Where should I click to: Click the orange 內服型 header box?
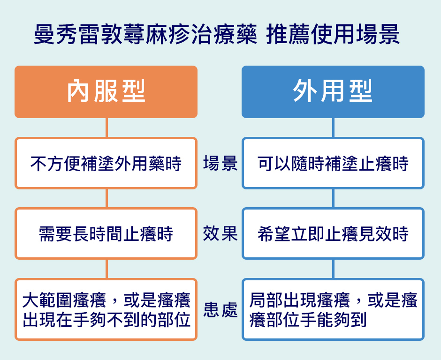click(106, 92)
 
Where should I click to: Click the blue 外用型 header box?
click(333, 92)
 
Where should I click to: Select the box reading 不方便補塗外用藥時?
click(106, 163)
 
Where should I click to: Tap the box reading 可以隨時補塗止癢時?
click(333, 163)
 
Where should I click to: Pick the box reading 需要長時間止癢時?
click(106, 233)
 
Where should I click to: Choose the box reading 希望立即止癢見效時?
click(333, 233)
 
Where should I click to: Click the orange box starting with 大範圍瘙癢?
click(106, 309)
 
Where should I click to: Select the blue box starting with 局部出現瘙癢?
click(333, 309)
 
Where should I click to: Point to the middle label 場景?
click(220, 163)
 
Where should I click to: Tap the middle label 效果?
click(220, 233)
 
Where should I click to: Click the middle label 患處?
click(220, 310)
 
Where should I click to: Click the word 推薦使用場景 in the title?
click(333, 35)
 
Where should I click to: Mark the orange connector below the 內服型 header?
click(106, 127)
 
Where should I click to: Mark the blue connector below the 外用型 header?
click(333, 127)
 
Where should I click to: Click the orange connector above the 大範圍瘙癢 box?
click(106, 269)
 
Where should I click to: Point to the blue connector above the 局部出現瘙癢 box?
click(333, 269)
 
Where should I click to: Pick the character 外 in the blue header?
click(303, 92)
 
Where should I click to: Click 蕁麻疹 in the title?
click(156, 35)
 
